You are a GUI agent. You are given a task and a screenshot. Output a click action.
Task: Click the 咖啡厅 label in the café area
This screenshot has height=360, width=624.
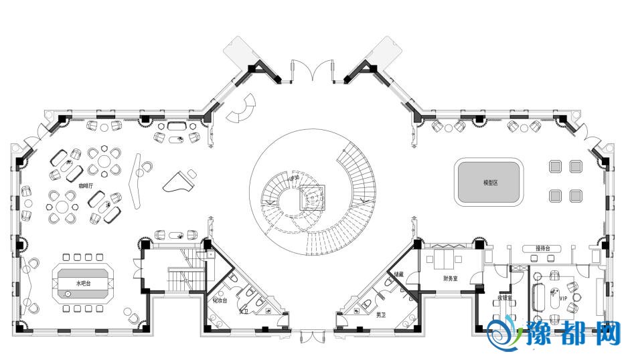(x=86, y=186)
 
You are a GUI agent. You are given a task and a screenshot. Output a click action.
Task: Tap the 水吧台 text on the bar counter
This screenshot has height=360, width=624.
(x=84, y=284)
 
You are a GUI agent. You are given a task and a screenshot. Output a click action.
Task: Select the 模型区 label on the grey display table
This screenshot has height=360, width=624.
(x=491, y=183)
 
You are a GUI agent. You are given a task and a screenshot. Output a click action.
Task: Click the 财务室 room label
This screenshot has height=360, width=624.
(x=452, y=278)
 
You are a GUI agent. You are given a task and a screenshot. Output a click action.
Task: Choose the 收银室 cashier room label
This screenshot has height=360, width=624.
(x=503, y=298)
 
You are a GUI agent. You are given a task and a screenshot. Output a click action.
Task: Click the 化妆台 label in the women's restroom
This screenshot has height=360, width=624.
(x=220, y=300)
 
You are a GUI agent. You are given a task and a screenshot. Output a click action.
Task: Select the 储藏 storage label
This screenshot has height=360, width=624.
(x=398, y=274)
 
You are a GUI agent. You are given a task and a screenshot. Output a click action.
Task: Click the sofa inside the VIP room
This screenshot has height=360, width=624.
(x=538, y=295)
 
